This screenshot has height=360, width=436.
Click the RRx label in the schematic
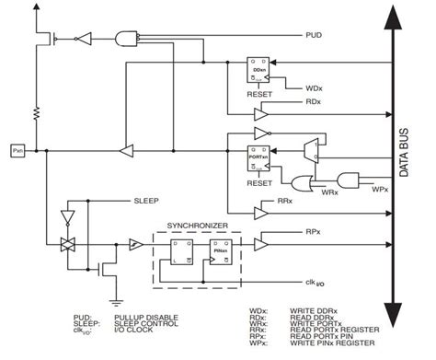click(x=284, y=200)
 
